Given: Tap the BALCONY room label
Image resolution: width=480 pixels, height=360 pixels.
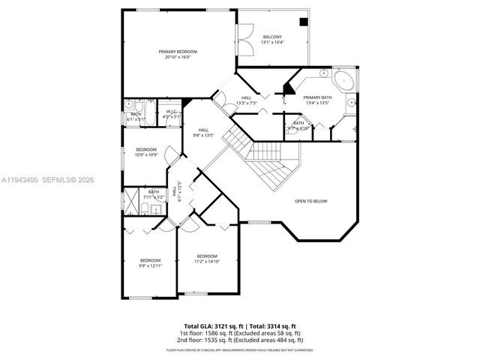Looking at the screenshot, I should (272, 37).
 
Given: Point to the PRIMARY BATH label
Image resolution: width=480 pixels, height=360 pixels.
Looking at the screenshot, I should (317, 97).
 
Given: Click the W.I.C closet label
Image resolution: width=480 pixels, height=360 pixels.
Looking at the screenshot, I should (172, 112).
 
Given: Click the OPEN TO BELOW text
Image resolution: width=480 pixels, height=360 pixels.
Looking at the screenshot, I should (310, 201).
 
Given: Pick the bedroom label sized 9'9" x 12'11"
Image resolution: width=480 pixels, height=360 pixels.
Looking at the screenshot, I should (150, 262).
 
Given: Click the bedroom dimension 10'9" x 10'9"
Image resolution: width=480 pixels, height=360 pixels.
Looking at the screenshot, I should (146, 155).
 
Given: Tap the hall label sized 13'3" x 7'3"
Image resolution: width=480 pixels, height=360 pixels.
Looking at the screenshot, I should (247, 100).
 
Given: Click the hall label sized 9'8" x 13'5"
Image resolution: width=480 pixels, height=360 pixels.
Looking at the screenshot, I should (203, 133).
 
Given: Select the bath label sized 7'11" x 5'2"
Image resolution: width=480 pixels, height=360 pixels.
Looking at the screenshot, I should (153, 194).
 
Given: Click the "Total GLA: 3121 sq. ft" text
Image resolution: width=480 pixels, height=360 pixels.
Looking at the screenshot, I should (207, 326).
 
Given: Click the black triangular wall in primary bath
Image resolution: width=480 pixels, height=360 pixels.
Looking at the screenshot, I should (289, 88).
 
